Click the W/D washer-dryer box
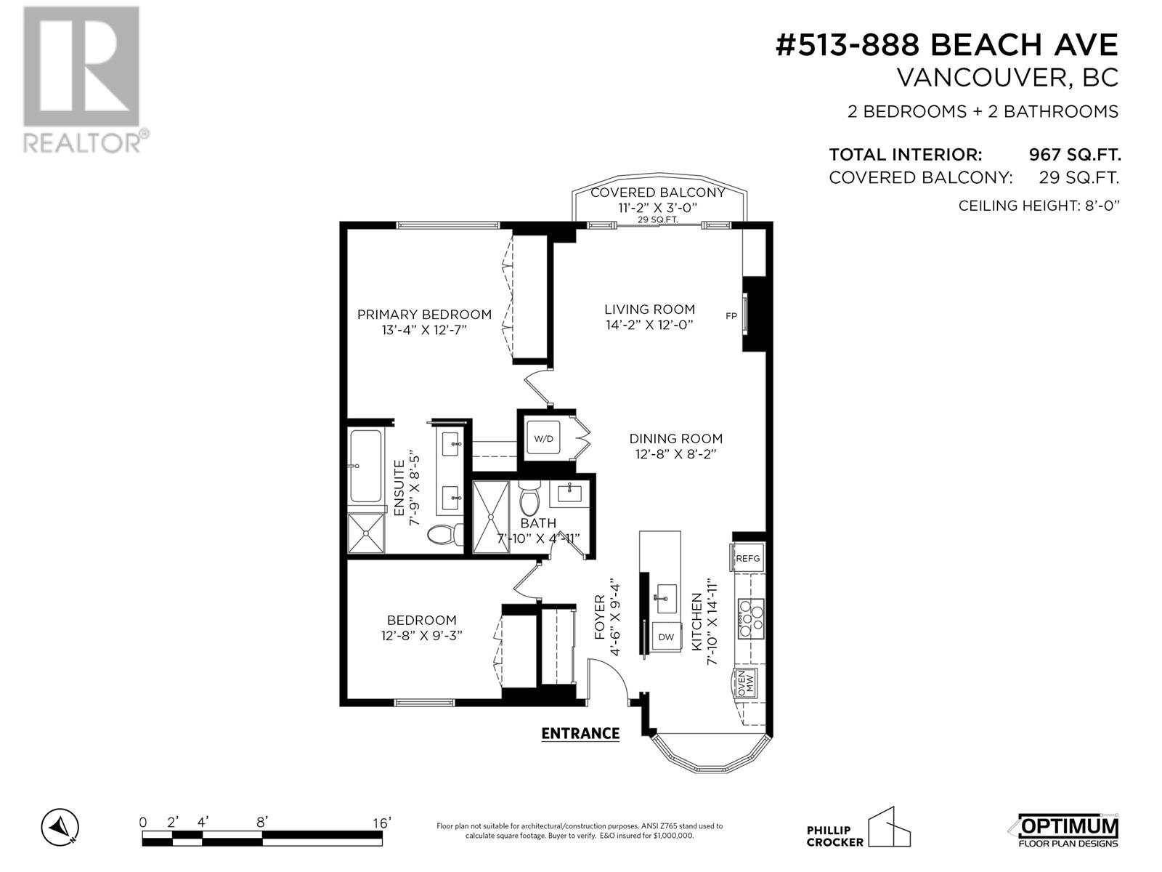tap(544, 438)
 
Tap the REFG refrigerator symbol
tap(747, 558)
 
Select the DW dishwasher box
tap(667, 637)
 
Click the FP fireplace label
tap(731, 315)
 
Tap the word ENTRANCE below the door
tap(580, 733)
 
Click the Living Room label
tap(649, 310)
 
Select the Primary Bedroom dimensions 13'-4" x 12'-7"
tap(423, 330)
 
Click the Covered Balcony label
tap(657, 193)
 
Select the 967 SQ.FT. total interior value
tap(1074, 155)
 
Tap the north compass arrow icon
tap(60, 827)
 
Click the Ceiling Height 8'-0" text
tap(1039, 206)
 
